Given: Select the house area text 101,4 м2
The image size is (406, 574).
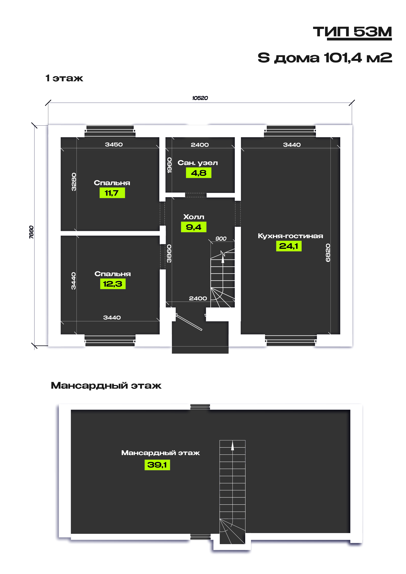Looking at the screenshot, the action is point(358,58).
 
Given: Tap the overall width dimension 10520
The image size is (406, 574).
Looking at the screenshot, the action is point(200,98).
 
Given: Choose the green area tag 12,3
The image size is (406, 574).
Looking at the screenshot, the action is point(113,284).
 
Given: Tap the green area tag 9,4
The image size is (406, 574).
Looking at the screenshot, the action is point(194,227).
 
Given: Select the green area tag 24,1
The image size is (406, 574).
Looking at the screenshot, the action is point(289,246).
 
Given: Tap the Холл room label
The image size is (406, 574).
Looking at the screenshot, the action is point(194,217).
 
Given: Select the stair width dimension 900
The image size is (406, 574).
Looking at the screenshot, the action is point(221,239).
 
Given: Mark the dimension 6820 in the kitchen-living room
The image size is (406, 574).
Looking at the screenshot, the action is point(328,253).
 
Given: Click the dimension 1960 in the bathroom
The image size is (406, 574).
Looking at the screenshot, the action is point(169,165).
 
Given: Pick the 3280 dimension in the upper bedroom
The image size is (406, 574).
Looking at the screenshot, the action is point(74,182).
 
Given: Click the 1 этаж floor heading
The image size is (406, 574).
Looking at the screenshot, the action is point(64,78).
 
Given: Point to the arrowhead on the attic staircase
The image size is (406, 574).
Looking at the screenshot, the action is point(232,445).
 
